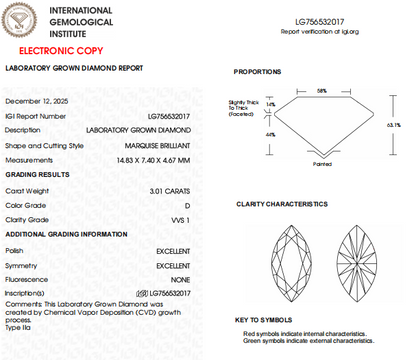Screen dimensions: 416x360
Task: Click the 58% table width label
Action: pos(322,90)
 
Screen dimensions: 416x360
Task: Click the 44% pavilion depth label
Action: pos(271,134)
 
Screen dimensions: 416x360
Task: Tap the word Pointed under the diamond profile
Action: pos(322,163)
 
